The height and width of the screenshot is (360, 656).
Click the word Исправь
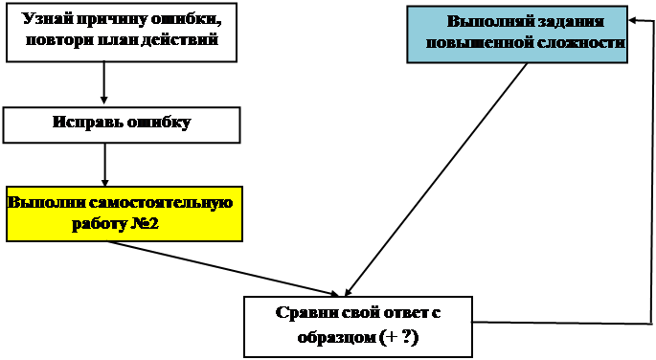coord(87,123)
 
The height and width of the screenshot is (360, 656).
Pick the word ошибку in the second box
coord(159,123)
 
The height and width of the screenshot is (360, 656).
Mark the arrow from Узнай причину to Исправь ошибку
coord(104,82)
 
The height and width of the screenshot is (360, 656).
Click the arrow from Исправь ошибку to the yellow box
coord(104,165)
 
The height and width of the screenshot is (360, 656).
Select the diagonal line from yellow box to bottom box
coord(223,268)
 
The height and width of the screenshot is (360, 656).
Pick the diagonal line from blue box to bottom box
coord(436,180)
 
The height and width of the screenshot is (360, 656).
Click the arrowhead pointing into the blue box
coord(633,20)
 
